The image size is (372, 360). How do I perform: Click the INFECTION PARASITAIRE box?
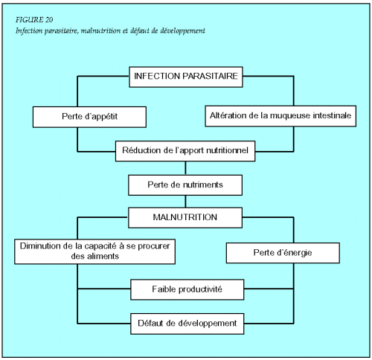[186, 77]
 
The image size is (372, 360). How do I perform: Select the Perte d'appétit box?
[89, 117]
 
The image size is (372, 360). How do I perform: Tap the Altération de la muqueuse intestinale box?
[280, 116]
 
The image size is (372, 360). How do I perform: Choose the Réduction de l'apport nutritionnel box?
[185, 151]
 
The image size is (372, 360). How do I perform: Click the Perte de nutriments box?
[185, 185]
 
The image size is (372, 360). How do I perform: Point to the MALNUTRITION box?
[185, 218]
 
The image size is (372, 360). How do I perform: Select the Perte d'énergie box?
[283, 253]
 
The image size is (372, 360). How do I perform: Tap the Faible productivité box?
[187, 289]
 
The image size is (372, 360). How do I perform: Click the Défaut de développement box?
[187, 324]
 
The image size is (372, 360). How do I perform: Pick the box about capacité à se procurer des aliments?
[94, 251]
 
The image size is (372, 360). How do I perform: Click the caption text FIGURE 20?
[34, 19]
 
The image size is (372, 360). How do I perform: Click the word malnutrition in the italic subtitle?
[97, 30]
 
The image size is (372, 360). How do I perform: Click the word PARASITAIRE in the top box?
[211, 76]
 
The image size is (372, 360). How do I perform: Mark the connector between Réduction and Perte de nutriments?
[185, 168]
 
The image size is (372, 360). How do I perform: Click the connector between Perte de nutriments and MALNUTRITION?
[185, 202]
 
